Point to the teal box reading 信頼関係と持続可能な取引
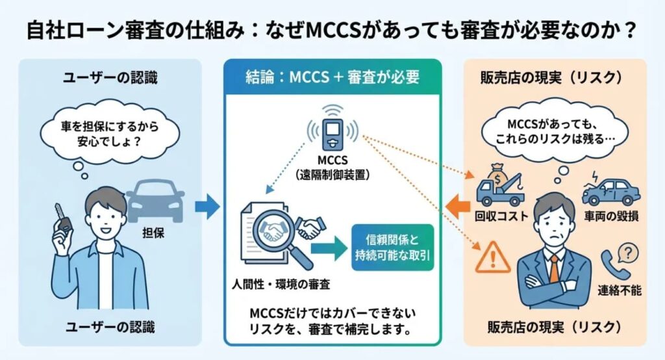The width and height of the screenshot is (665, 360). [x=392, y=248]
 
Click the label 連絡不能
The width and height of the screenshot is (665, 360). [x=620, y=290]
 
